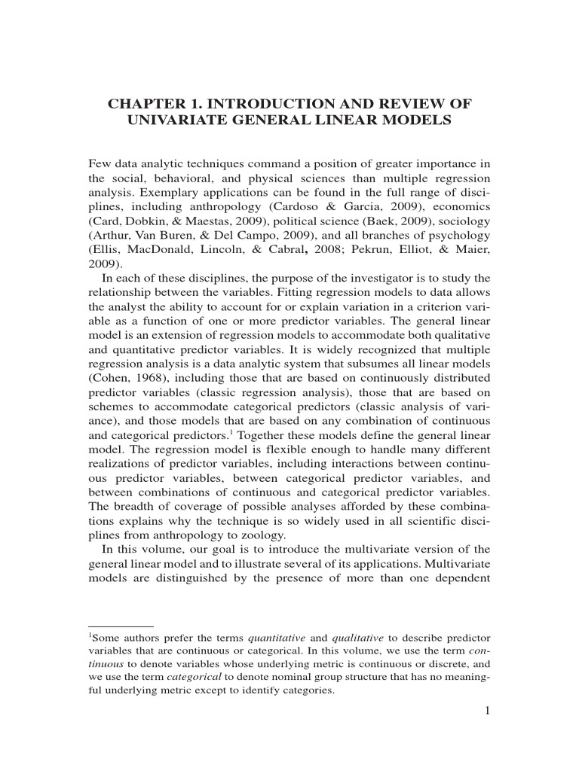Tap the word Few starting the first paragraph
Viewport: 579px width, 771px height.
[x=100, y=164]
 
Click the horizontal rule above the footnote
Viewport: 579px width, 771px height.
[x=121, y=625]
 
